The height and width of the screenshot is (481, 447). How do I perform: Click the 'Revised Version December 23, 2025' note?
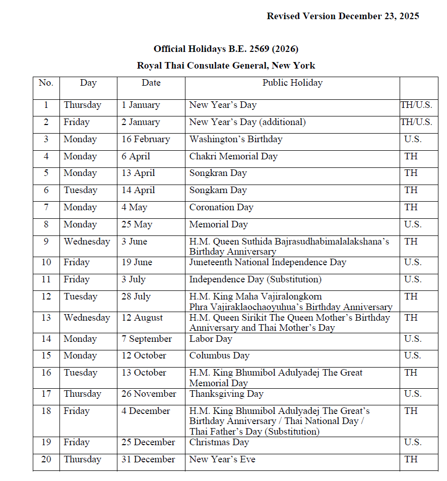(343, 16)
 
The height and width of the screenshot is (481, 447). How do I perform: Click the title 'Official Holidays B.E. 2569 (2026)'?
(226, 49)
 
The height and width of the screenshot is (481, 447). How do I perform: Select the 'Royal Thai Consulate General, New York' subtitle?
(226, 66)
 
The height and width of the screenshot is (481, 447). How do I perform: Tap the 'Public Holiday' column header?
(292, 83)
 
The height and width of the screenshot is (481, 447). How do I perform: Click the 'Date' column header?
(151, 83)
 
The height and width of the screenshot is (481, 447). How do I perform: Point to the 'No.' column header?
(46, 83)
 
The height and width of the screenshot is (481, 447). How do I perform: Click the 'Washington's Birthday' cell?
(235, 139)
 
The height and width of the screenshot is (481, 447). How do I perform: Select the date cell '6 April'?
(136, 156)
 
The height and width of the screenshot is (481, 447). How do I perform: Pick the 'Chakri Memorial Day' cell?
(233, 156)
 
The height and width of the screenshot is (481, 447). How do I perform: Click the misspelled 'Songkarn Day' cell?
(218, 190)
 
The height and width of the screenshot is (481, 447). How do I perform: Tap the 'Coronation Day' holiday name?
(221, 207)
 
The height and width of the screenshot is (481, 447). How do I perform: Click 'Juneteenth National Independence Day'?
(268, 262)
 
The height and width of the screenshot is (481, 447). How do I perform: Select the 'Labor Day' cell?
(211, 339)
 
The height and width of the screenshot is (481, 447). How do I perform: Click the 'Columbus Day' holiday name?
(219, 355)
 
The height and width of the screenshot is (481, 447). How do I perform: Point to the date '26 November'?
(149, 394)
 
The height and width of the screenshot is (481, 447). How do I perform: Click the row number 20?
(46, 459)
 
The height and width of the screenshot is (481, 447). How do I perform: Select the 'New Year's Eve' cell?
(222, 459)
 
